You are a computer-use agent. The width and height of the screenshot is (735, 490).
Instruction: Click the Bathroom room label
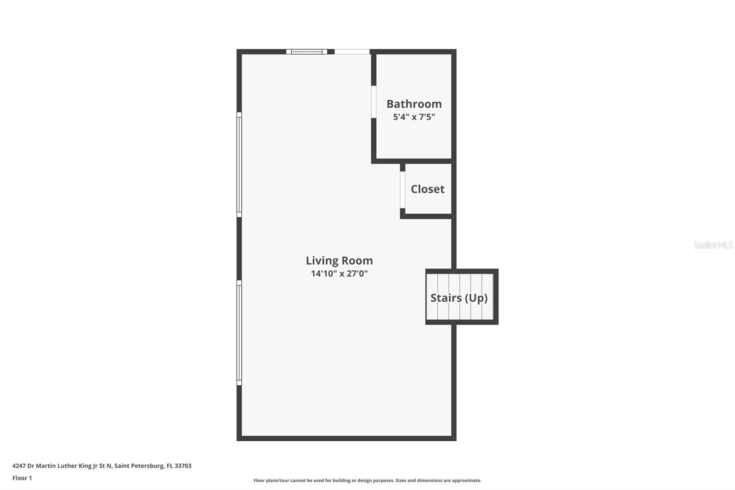coord(414,104)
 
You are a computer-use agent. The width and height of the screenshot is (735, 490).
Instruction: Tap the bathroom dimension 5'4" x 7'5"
coord(414,117)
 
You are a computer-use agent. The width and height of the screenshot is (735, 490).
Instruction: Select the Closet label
coord(427,189)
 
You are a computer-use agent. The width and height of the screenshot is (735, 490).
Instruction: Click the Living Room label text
coord(339,261)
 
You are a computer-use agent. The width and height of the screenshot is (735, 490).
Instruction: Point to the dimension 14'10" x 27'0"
coord(339,273)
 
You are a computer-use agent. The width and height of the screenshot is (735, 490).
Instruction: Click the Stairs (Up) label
coord(458,298)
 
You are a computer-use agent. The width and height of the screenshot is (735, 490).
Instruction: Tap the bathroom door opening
coord(374,102)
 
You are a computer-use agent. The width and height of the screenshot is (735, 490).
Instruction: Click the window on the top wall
coord(307,52)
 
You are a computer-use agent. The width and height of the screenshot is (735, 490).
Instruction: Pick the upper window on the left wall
coord(239,165)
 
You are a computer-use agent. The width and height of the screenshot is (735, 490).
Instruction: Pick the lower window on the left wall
coord(239,333)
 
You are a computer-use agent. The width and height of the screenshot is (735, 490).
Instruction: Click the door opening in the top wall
coord(352,52)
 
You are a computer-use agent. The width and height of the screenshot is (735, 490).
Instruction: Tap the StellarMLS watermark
coord(713,245)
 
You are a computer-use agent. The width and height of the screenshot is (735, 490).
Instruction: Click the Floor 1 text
coord(22,478)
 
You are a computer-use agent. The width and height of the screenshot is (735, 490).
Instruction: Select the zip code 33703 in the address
coord(183,466)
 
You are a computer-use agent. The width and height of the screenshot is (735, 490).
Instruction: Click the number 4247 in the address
coord(19,466)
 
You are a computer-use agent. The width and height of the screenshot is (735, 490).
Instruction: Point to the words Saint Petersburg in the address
coord(139,466)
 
